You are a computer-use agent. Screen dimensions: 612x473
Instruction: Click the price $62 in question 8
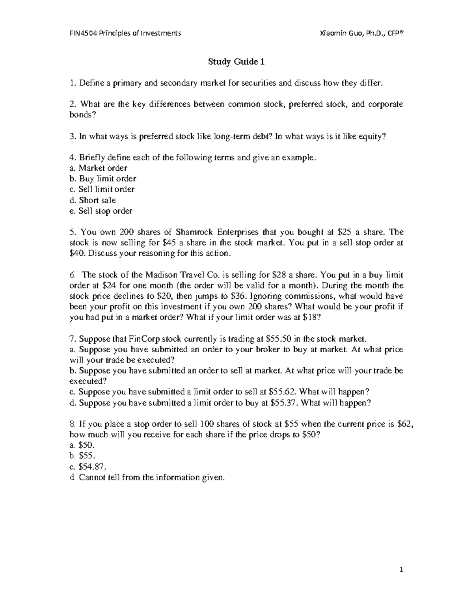pos(406,424)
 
